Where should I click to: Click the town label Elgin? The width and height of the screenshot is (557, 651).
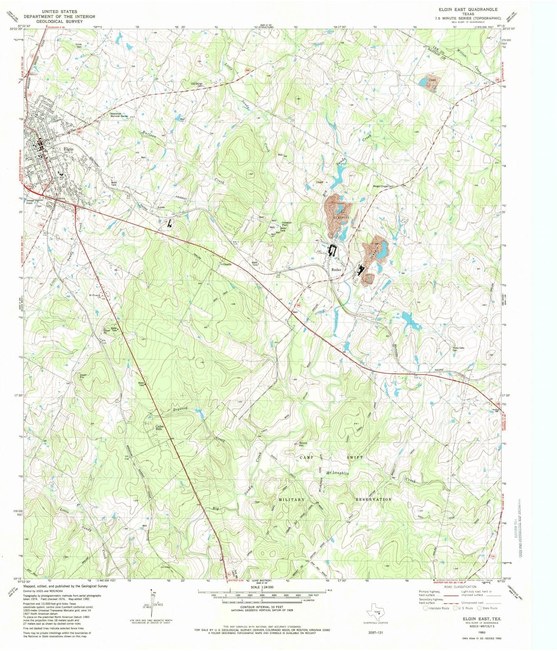click(68, 149)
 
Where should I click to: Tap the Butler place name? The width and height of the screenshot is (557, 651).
click(336, 270)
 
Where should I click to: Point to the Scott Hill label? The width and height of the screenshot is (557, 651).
click(303, 444)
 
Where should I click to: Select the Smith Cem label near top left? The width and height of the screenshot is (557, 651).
click(79, 45)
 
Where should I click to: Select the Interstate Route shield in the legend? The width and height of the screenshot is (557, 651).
click(426, 609)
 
